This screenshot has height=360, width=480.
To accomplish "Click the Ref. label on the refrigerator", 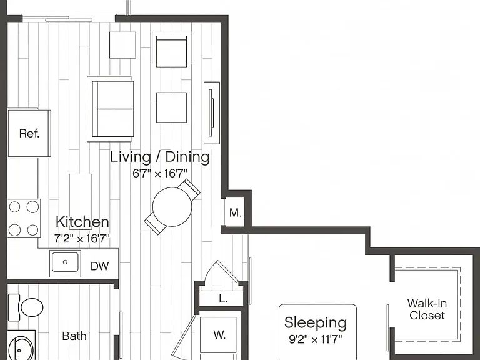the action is point(29,133).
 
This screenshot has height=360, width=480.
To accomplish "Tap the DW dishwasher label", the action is point(99,266).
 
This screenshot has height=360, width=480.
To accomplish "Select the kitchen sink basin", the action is point(65,262).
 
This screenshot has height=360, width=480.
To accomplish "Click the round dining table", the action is point(172,207).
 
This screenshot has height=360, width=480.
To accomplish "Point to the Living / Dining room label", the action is point(160,157).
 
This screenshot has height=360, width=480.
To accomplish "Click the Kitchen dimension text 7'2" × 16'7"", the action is point(82,239).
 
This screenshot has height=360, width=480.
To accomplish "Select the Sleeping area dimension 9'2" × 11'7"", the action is point(315,339).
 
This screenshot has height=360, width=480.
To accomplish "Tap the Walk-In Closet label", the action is point(427,309).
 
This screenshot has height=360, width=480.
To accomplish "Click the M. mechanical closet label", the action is point(236,212).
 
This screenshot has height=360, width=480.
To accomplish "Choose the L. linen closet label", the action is point(224,299).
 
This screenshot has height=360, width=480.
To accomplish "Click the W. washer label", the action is point(219,334).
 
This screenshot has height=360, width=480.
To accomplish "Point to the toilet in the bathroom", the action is point(26,307).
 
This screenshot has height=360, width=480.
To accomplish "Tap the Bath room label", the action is point(74,336).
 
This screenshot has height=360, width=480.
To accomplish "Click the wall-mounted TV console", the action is point(212,112).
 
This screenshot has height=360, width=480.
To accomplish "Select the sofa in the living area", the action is point(111,109).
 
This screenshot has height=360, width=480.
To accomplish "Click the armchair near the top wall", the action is point(171,49).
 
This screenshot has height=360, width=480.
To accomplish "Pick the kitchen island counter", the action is point(81,201).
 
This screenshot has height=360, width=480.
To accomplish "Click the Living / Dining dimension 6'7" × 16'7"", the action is point(160,174).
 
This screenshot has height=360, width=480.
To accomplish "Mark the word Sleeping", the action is point(315,323).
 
